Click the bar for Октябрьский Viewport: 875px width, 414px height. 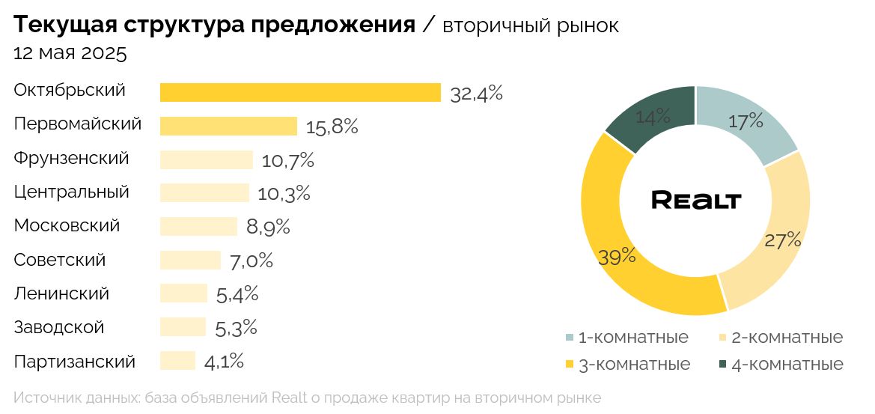pos(299,92)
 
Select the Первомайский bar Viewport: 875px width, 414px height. pos(228,126)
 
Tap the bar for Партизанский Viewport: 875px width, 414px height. pos(177,361)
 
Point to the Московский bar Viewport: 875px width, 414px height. pos(198,226)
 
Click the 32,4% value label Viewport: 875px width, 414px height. pos(476,94)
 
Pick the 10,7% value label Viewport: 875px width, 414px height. pos(287,160)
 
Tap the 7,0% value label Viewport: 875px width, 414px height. pos(251,261)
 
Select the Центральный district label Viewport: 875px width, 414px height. pos(72,192)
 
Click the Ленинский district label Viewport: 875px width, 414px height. pos(61,293)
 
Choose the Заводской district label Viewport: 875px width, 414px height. pos(59,327)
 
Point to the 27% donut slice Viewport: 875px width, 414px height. pos(778,240)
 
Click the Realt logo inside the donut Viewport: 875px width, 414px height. pos(696,200)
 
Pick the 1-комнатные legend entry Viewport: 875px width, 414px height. pos(626,338)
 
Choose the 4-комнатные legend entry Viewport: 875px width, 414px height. pos(781,365)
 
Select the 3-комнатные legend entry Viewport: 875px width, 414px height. pos(626,365)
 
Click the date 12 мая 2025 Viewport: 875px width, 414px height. pos(70,54)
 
